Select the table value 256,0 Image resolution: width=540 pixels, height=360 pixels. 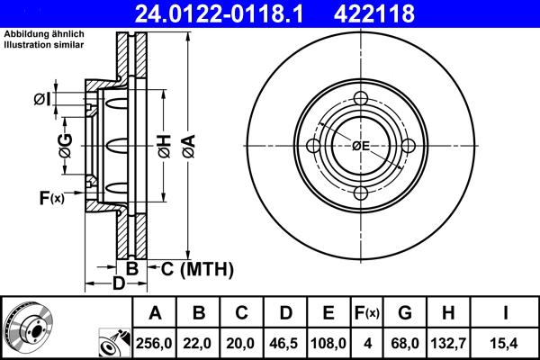tap(154, 342)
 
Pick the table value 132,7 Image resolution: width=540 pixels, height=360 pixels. tap(447, 342)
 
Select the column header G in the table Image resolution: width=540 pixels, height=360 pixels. tap(404, 313)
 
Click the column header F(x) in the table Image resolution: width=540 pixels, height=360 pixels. tap(366, 313)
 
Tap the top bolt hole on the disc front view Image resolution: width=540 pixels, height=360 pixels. tap(361, 101)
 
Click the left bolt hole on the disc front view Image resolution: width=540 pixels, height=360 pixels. tap(314, 147)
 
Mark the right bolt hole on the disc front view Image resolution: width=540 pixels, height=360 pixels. tap(408, 147)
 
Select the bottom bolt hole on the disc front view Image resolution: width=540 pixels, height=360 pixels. tap(361, 193)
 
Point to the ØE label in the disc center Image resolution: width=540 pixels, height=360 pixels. tap(361, 146)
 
